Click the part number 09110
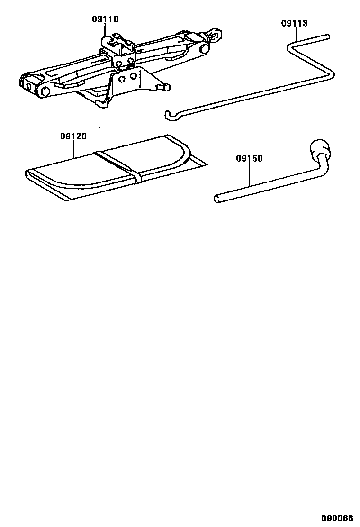(x=105, y=19)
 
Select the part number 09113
(x=294, y=23)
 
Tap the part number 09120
(x=73, y=136)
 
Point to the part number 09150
(x=249, y=158)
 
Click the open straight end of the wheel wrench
(x=217, y=199)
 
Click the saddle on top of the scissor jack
(x=118, y=43)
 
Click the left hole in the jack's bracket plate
(x=122, y=79)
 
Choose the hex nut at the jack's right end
(x=205, y=48)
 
